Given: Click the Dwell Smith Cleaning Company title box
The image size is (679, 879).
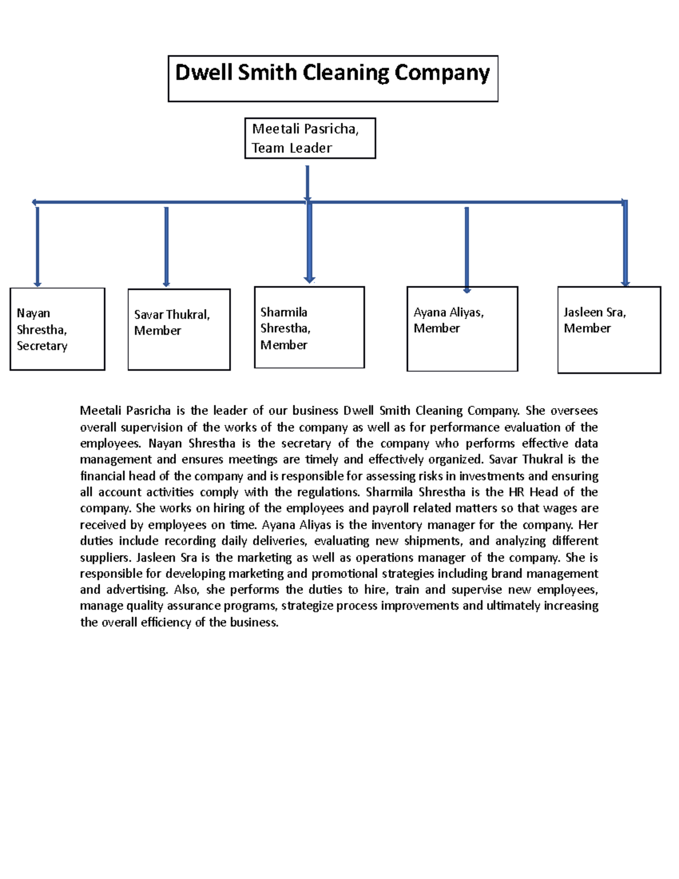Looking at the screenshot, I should click(333, 79).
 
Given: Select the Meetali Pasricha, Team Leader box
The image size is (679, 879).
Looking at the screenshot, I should click(310, 138).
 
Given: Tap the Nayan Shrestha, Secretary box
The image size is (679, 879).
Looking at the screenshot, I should click(57, 329).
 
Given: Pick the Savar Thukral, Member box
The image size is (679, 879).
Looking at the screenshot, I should click(179, 329).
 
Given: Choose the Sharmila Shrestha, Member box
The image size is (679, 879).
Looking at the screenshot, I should click(309, 327).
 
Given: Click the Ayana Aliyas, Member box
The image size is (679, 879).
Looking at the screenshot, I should click(462, 329).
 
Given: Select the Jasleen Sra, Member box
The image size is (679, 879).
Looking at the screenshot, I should click(609, 329).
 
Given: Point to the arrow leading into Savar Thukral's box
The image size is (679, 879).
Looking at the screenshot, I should click(166, 246).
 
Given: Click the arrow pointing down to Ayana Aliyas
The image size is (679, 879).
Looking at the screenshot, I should click(467, 249).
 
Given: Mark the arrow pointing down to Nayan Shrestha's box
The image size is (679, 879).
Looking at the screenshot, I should click(37, 246).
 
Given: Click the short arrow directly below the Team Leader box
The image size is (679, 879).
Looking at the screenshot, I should click(307, 182).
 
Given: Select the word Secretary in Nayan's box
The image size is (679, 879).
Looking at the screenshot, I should click(42, 346).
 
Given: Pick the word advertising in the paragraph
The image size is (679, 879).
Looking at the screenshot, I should click(137, 590).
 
